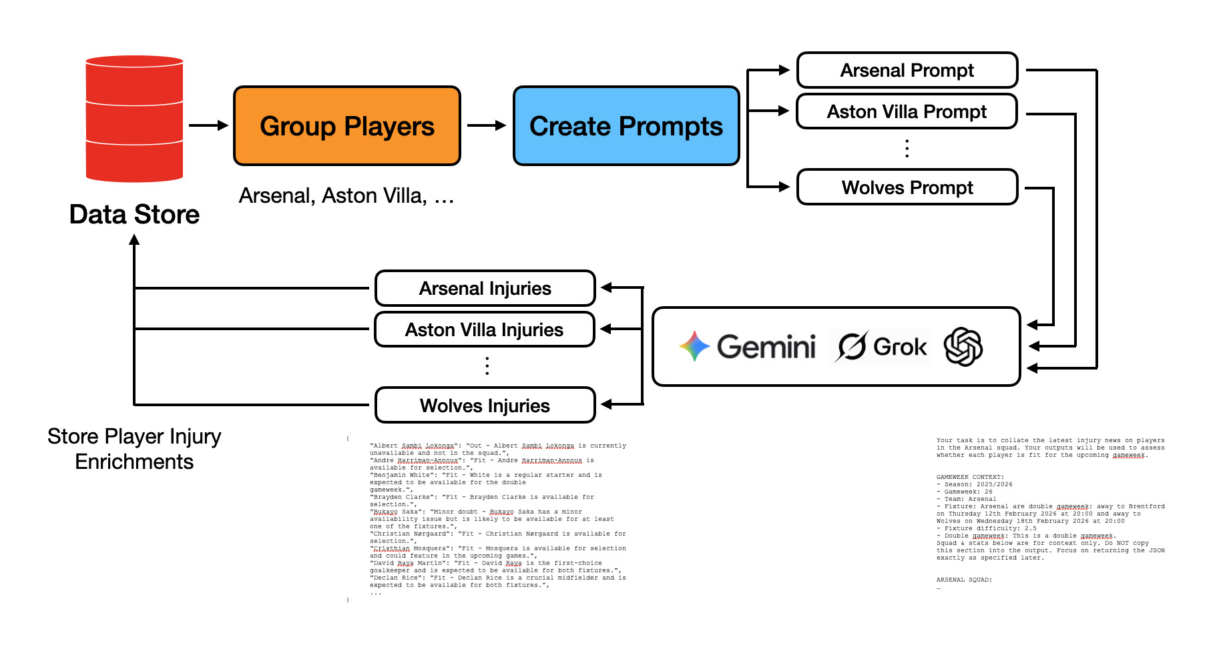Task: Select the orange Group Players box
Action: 347,126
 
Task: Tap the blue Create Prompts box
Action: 626,126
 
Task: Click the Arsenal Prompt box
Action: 907,70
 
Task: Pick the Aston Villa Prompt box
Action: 907,111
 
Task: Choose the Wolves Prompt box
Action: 907,187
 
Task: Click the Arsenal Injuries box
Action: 485,288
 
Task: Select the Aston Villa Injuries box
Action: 485,330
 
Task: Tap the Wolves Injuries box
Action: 485,406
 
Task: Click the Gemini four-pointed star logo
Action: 694,347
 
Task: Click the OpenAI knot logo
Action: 963,347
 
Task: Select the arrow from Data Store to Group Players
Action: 208,125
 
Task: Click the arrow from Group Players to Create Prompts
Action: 487,125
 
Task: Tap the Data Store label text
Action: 134,215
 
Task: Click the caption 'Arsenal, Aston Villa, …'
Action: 346,196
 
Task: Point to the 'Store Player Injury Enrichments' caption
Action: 134,449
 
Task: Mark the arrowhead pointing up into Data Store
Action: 134,240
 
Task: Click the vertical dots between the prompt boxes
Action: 907,148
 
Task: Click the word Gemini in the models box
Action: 766,347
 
